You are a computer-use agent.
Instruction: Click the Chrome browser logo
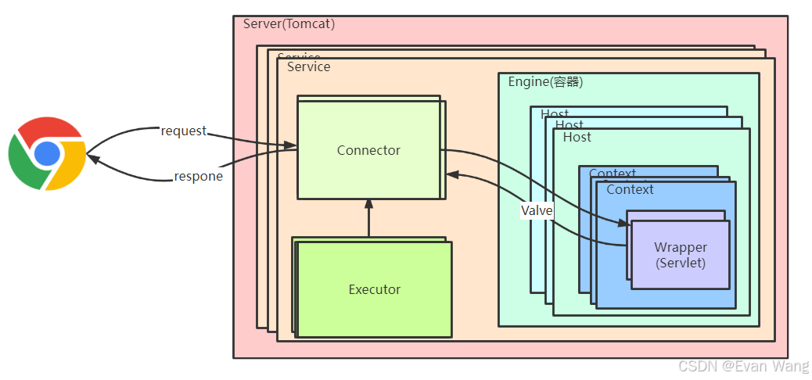click(47, 153)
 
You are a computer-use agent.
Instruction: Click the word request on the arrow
click(183, 131)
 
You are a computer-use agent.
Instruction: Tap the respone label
click(198, 177)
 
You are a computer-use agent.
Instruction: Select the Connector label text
click(368, 150)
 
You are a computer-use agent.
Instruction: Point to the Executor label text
click(374, 289)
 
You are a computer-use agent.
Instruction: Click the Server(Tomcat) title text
click(289, 23)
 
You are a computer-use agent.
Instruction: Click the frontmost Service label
click(308, 67)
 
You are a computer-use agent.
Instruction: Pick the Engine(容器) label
click(545, 82)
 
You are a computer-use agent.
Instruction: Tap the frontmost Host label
click(577, 138)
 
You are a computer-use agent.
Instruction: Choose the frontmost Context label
click(630, 189)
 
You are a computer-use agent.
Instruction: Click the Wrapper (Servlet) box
click(680, 255)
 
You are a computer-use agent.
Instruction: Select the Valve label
click(537, 210)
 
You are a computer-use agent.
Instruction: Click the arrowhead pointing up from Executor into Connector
click(368, 204)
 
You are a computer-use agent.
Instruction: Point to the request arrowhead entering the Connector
click(291, 145)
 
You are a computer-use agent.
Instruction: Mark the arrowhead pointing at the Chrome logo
click(92, 159)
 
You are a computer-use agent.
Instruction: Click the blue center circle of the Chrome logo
click(47, 153)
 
